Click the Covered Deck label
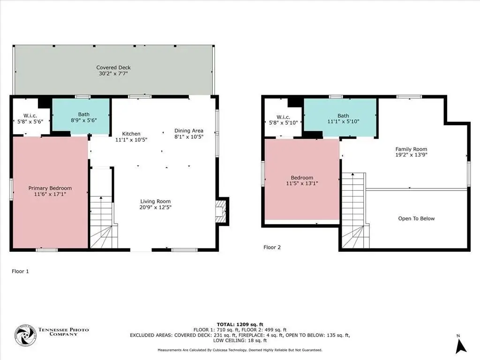tap(113, 67)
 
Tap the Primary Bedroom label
tap(50, 188)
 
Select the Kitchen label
tap(131, 134)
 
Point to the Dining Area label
tap(188, 131)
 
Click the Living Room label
tap(155, 201)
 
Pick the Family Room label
tap(411, 149)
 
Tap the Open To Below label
tap(416, 218)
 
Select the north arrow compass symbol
tap(460, 345)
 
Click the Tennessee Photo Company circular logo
tap(25, 336)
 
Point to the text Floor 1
tap(20, 271)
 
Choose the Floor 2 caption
tap(272, 247)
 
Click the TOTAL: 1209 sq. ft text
tap(240, 324)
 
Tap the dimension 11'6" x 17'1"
tap(50, 194)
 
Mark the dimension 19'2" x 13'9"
tap(411, 155)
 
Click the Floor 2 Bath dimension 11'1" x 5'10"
tap(343, 121)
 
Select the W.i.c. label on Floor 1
tap(30, 115)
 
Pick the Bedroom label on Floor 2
tap(302, 178)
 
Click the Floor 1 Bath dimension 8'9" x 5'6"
tap(83, 120)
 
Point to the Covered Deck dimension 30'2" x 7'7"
tap(113, 74)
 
